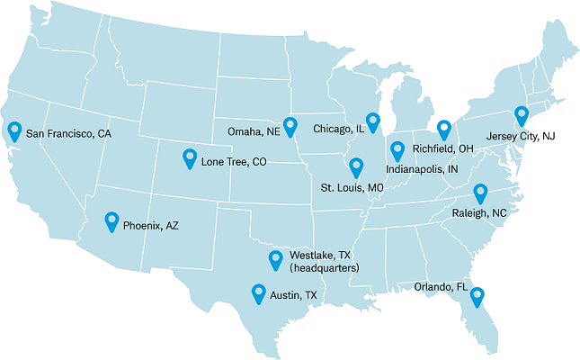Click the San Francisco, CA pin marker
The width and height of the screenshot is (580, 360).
tap(14, 131)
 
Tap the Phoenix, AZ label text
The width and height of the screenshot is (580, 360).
tap(150, 226)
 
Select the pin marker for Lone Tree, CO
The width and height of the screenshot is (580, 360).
tap(190, 157)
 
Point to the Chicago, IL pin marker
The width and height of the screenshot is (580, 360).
tap(373, 121)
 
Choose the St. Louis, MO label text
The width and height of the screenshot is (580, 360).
tap(352, 188)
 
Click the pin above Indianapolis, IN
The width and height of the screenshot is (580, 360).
tap(397, 150)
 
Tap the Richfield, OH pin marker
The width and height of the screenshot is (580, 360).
tap(443, 130)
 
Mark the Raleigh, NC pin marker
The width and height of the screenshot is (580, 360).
tap(480, 193)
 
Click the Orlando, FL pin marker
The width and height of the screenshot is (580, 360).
tap(477, 295)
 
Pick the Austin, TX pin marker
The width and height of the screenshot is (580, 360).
tap(259, 292)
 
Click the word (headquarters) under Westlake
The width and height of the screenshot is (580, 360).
tap(325, 268)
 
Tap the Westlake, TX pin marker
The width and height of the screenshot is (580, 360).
tap(276, 260)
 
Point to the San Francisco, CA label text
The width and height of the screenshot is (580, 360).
tap(68, 134)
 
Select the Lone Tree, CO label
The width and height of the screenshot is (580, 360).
tap(234, 163)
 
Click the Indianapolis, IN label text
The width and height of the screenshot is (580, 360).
tap(422, 169)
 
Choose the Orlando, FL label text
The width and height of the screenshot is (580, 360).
tap(441, 287)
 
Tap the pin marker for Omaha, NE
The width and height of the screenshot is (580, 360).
tap(290, 125)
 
